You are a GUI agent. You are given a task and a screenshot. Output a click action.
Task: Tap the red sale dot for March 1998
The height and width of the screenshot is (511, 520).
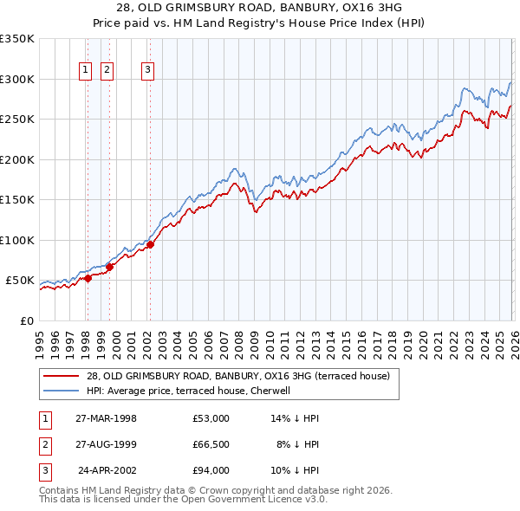pos(88,278)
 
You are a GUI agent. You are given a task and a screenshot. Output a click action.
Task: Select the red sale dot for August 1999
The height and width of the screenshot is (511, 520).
pos(110,267)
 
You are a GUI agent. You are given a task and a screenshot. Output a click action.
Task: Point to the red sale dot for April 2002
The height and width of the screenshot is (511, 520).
pos(150,244)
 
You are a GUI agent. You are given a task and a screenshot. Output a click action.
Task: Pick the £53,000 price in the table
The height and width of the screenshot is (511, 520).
pos(211,417)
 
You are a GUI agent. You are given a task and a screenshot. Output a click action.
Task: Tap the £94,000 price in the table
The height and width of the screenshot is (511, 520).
pos(211,470)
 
